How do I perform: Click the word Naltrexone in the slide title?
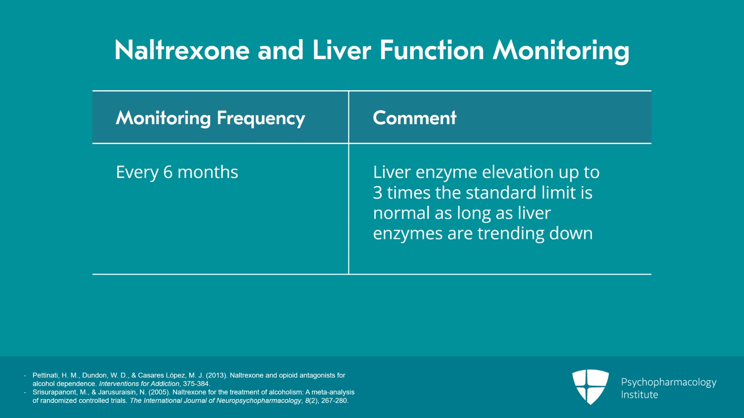tap(182, 50)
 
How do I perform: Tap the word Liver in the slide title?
tap(341, 50)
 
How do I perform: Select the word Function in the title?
tap(432, 50)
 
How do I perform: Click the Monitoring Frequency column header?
tap(210, 118)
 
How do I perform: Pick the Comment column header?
tap(414, 118)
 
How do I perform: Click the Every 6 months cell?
tap(177, 173)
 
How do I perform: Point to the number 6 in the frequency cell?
tap(168, 172)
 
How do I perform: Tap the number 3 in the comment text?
tap(377, 192)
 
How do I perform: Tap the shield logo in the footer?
tap(590, 386)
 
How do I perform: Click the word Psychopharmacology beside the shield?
tap(669, 383)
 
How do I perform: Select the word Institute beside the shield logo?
tap(639, 394)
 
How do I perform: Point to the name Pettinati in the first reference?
tap(46, 376)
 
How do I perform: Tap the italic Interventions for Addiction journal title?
tap(139, 384)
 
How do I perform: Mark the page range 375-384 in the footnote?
tap(196, 384)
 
